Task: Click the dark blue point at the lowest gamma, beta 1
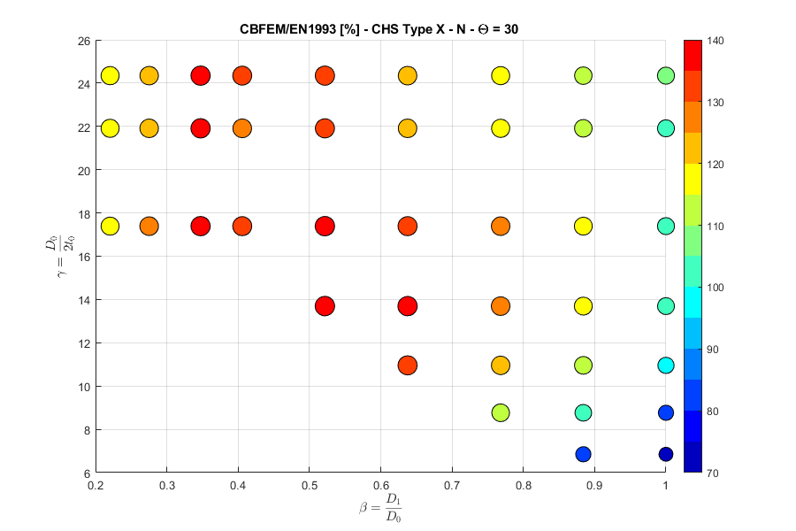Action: tap(665, 454)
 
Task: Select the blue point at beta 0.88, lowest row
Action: tap(583, 454)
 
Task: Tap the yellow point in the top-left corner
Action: tap(110, 75)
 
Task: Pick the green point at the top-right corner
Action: tap(665, 75)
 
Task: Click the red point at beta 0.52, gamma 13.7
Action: tap(325, 306)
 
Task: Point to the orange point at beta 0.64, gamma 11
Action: tap(407, 365)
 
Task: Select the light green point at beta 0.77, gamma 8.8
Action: tap(501, 412)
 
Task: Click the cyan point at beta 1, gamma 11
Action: tap(665, 365)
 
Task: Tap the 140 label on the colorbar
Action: tap(716, 42)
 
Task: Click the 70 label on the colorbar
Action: tap(714, 473)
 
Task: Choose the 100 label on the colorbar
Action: tap(716, 288)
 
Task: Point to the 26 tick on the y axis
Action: tap(84, 42)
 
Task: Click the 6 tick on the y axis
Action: tap(87, 473)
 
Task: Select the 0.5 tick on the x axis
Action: tap(309, 485)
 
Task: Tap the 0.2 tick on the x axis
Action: tap(96, 485)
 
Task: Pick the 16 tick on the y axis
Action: tap(84, 257)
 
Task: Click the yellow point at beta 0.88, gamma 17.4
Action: tap(583, 226)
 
